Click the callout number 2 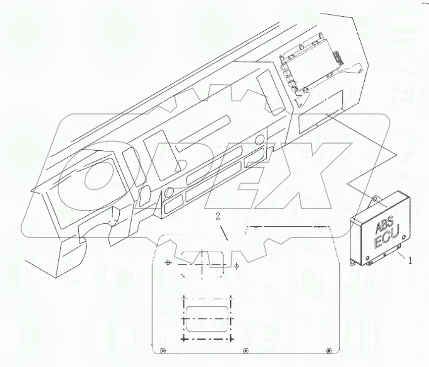tap(218, 216)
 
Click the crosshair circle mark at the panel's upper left tap(168, 262)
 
